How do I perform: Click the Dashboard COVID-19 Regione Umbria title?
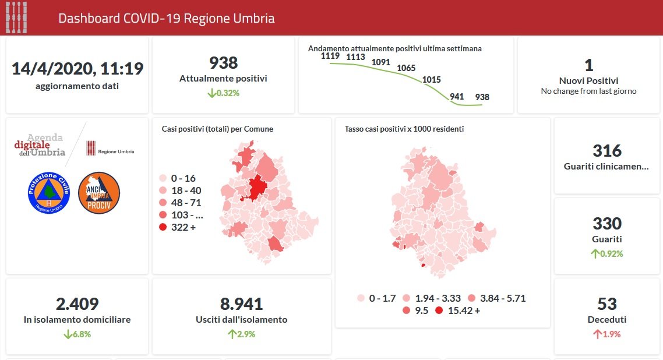(x=166, y=18)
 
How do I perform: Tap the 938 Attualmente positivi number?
(x=223, y=63)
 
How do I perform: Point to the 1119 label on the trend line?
(x=330, y=56)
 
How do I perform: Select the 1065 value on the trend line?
(x=406, y=68)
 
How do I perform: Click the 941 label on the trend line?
(x=457, y=97)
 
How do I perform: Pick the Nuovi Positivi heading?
(x=588, y=81)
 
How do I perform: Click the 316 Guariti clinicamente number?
(x=607, y=151)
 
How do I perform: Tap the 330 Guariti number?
(x=607, y=223)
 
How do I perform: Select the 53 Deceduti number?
(x=607, y=303)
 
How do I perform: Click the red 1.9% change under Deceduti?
(x=607, y=334)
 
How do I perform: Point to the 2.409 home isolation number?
(x=77, y=303)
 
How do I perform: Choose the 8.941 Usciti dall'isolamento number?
(x=241, y=303)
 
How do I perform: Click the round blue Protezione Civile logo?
(x=49, y=193)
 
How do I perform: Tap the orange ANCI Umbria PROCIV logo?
(x=99, y=193)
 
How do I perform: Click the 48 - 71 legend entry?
(x=180, y=203)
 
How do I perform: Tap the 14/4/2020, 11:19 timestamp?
(x=77, y=68)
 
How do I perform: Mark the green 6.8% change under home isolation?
(x=77, y=334)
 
